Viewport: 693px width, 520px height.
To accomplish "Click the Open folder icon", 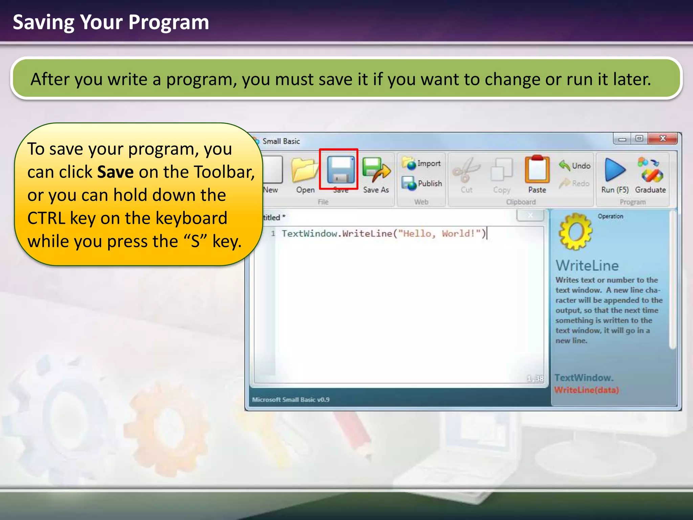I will (305, 171).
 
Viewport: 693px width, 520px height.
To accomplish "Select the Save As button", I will (376, 175).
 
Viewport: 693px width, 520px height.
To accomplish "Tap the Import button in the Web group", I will (422, 164).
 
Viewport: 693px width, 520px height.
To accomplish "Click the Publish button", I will (422, 183).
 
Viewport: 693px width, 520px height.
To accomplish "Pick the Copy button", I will (501, 172).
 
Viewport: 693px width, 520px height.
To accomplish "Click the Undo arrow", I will (575, 166).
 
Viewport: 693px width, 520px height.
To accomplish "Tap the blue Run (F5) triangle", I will (614, 170).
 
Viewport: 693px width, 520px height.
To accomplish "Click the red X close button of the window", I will (663, 138).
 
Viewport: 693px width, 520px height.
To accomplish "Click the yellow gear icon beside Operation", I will (575, 232).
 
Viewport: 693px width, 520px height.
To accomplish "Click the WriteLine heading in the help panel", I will (587, 266).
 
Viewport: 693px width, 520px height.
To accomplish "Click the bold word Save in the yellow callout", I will (115, 172).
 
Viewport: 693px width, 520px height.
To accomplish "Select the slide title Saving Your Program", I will (111, 22).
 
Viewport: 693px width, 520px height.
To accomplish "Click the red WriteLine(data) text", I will (586, 390).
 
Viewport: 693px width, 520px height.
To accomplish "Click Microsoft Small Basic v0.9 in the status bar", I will (290, 400).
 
